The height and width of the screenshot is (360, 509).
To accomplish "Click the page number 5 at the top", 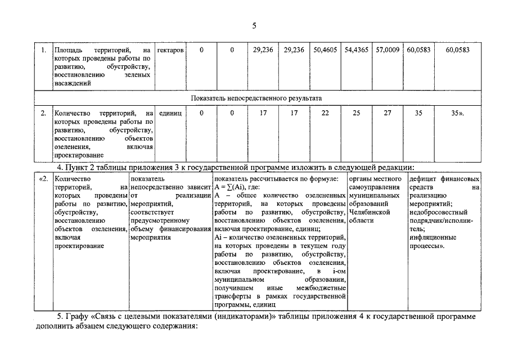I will click(x=254, y=25).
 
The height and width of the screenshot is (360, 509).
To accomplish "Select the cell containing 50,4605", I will click(x=325, y=50).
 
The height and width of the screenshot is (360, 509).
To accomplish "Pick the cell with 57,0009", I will click(x=388, y=50).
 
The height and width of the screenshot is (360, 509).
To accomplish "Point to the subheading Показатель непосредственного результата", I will click(x=256, y=98).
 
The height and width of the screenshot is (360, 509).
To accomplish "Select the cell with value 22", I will click(x=325, y=113).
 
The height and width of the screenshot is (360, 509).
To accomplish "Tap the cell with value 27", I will click(x=388, y=113).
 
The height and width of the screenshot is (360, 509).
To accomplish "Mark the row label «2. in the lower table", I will click(x=43, y=179).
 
